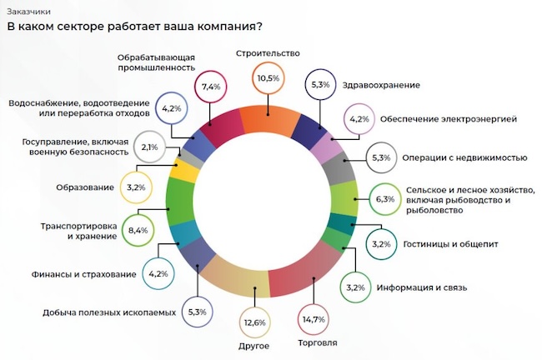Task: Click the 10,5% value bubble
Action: tap(268, 78)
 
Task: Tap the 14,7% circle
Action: tap(314, 319)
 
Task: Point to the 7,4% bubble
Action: tap(210, 86)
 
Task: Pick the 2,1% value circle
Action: tap(151, 147)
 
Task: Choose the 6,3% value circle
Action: tap(384, 199)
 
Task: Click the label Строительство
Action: tap(267, 52)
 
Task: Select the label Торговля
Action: tap(318, 342)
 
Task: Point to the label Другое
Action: tap(254, 343)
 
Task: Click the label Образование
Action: tap(84, 187)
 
